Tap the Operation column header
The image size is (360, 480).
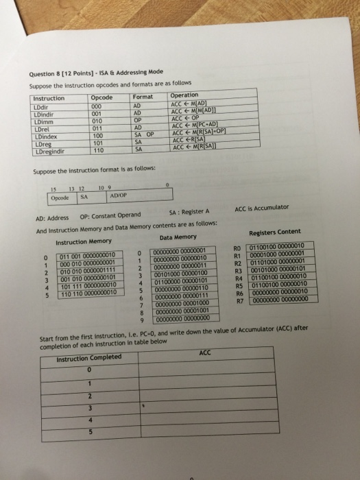pos(184,95)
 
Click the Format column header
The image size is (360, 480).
pos(142,98)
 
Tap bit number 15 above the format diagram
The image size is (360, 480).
pos(53,189)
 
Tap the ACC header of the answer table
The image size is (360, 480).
pos(206,352)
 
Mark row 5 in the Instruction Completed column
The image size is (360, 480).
pos(89,432)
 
